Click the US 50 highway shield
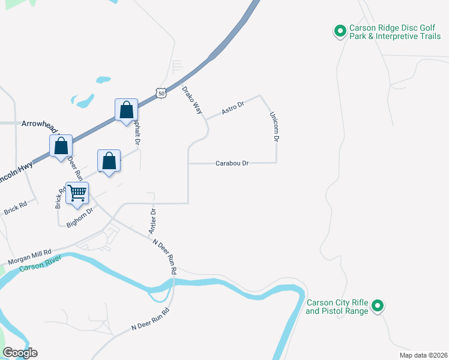click(160, 92)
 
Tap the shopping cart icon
click(77, 193)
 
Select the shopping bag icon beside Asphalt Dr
click(126, 110)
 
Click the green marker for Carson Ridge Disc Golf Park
click(339, 30)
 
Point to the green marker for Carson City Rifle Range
click(378, 306)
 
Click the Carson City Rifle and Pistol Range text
click(336, 307)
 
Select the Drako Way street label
click(192, 100)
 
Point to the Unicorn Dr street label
click(274, 127)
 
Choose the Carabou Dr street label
click(232, 163)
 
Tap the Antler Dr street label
click(152, 221)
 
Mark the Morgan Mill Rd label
click(29, 257)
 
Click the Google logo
click(20, 353)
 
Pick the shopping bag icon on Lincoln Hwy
click(61, 146)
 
